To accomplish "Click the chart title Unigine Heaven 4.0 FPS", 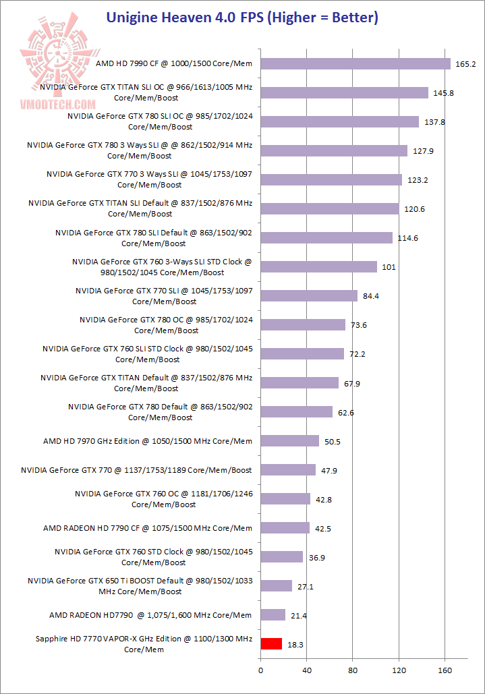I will point(242,18).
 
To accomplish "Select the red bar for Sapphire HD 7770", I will point(271,643).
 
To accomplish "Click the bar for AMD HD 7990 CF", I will point(355,63).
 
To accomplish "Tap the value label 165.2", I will point(466,64).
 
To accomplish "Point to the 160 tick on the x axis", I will point(445,671).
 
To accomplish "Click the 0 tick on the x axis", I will point(260,671).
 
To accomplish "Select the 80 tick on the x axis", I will point(353,671).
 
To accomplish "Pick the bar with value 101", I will point(318,266).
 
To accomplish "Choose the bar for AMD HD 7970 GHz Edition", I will point(289,440).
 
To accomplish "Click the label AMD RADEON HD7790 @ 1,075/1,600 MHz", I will point(150,615).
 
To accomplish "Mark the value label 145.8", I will point(443,93).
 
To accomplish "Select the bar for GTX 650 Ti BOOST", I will point(276,585).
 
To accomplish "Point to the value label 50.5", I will point(333,442).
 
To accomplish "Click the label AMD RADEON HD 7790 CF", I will point(148,528).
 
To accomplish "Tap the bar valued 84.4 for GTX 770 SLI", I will point(309,295).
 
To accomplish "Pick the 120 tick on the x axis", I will point(399,671).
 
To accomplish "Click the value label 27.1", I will point(306,587).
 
